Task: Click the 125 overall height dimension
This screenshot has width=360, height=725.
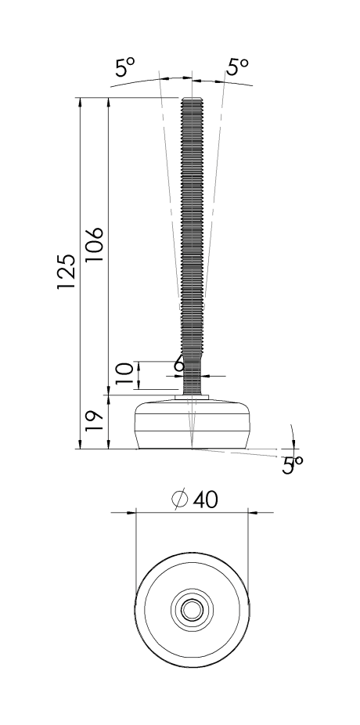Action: pyautogui.click(x=67, y=272)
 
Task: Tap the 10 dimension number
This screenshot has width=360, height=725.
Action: pyautogui.click(x=124, y=375)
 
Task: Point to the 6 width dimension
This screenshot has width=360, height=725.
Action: pyautogui.click(x=178, y=364)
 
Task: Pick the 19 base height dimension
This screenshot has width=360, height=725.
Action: pyautogui.click(x=94, y=422)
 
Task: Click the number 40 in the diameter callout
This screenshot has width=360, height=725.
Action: pyautogui.click(x=204, y=500)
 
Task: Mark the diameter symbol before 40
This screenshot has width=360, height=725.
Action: pyautogui.click(x=179, y=500)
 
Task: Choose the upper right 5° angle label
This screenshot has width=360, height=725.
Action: pyautogui.click(x=237, y=68)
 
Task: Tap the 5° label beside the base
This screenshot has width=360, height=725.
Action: pyautogui.click(x=293, y=466)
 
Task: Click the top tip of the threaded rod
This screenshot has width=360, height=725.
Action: pyautogui.click(x=192, y=99)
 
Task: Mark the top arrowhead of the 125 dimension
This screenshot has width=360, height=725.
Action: pyautogui.click(x=81, y=102)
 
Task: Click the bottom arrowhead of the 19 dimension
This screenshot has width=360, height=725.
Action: pyautogui.click(x=108, y=445)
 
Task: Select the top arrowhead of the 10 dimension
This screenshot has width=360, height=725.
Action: pyautogui.click(x=139, y=365)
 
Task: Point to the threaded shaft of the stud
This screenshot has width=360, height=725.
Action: pyautogui.click(x=192, y=235)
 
